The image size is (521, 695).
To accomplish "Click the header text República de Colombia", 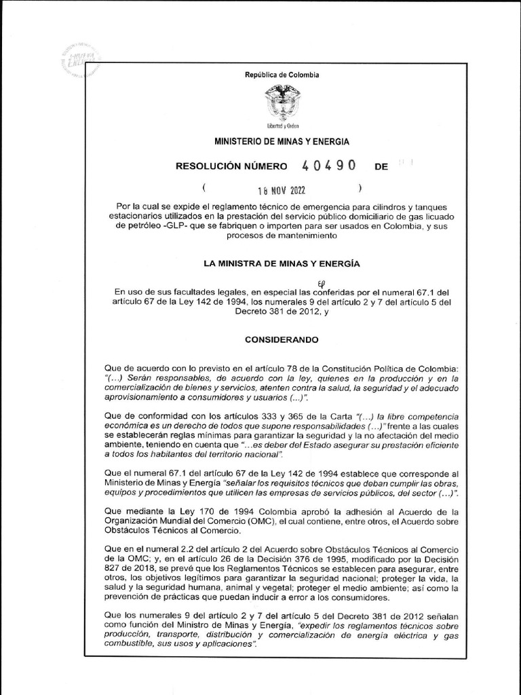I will pos(282,75).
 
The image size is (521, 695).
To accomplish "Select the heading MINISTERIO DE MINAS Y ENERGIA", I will pos(282,143).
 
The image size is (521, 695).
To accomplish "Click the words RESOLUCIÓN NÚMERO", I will pos(231,167).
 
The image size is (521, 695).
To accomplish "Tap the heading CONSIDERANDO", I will pos(282,339).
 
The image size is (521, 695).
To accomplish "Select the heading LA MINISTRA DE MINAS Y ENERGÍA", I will pos(282,263).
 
